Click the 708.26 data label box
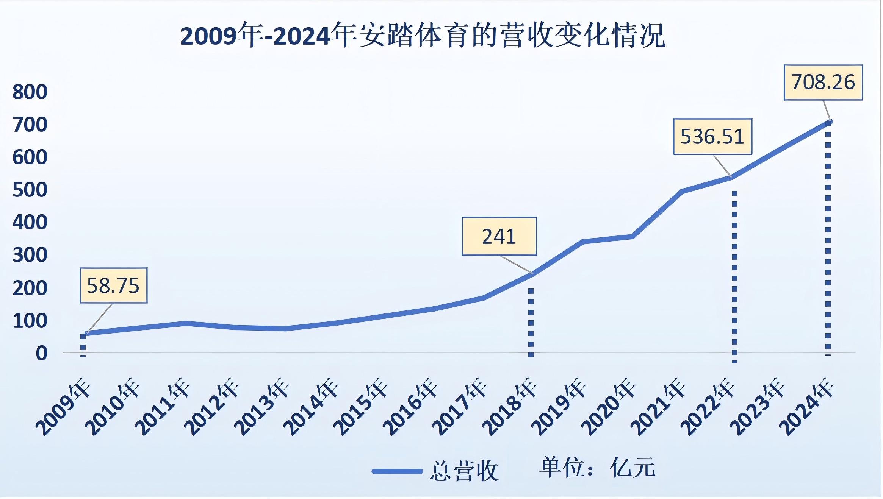823,83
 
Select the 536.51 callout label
712,137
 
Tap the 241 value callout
499,237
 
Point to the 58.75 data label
113,285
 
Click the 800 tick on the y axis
30,92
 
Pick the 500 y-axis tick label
30,190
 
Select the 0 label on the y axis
41,353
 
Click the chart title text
423,36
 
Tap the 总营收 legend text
464,471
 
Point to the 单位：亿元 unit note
597,468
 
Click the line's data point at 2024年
828,122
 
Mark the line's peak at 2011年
186,323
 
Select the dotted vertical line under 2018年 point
531,322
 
